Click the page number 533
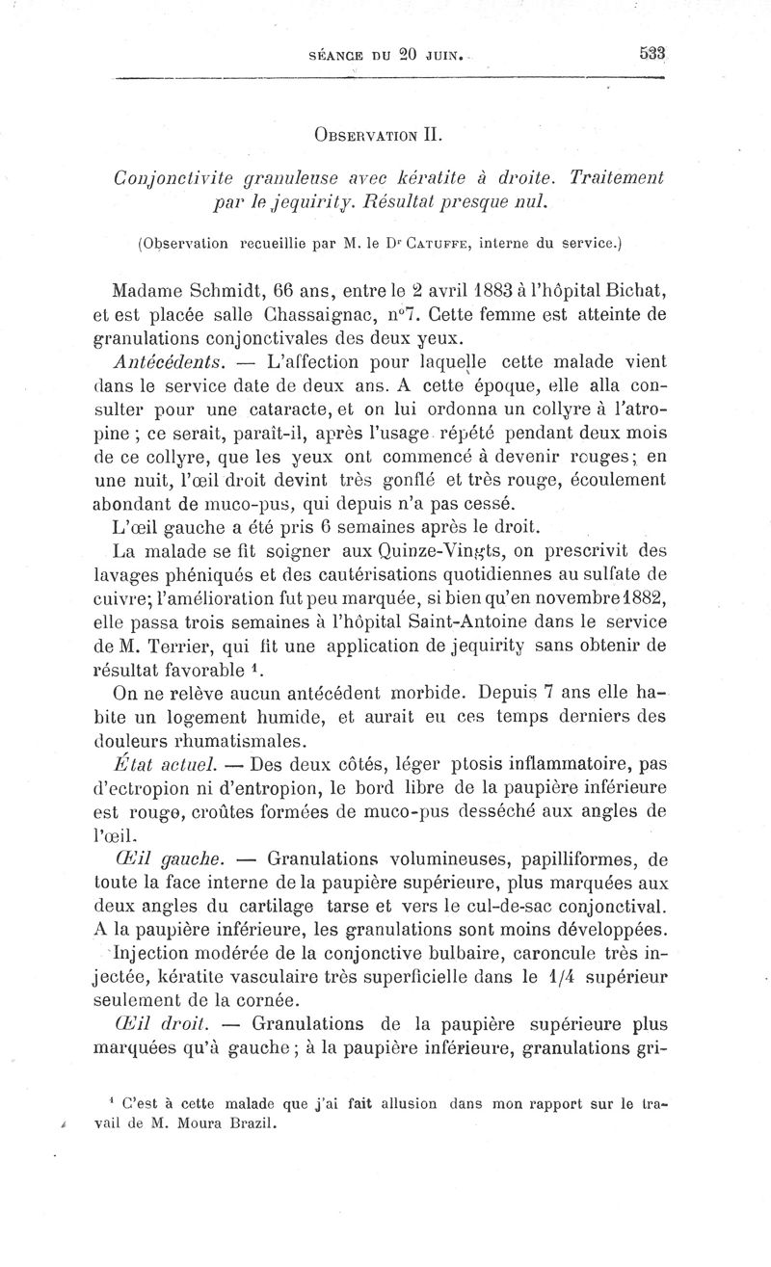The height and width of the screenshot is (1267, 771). pos(652,54)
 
